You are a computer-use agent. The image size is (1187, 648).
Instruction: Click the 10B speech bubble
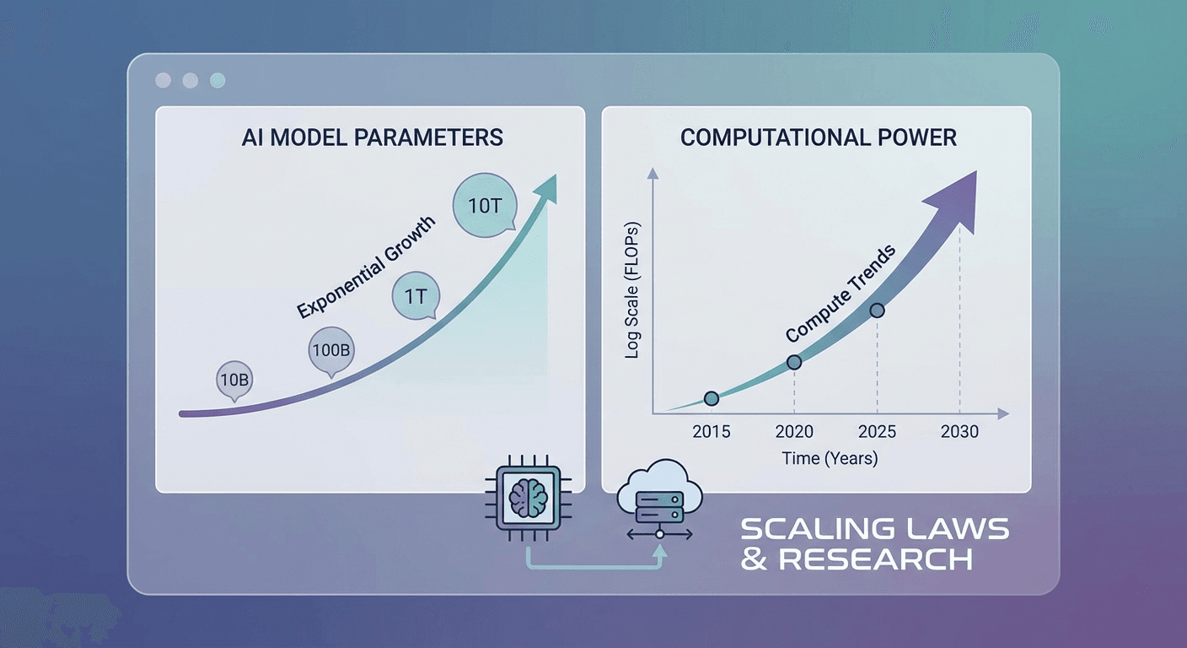pos(234,379)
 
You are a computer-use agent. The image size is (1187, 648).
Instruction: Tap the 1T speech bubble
pos(414,298)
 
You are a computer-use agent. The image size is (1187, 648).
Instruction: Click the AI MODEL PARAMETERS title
pos(372,138)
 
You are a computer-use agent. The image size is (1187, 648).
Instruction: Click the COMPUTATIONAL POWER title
pos(818,138)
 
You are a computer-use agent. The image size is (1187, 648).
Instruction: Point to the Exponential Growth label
pos(367,267)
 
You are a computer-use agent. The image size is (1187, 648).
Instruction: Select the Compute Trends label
pos(841,294)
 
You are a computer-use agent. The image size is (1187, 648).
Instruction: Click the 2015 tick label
pos(712,432)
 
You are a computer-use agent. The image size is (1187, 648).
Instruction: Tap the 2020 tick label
pos(794,432)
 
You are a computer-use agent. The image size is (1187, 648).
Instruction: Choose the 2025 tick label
pos(877,432)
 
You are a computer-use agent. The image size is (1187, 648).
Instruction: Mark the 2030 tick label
pos(959,432)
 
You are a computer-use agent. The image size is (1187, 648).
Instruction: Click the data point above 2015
pos(711,397)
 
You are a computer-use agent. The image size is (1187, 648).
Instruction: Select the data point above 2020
pos(794,362)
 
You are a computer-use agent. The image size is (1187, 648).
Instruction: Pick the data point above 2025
pos(877,310)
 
